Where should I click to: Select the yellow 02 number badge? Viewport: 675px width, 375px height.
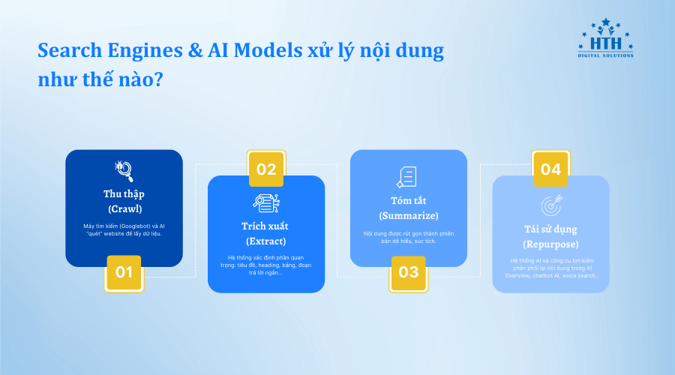click(266, 169)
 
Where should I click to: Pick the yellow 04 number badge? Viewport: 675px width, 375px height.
click(550, 169)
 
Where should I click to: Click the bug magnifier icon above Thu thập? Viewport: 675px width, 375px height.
click(124, 171)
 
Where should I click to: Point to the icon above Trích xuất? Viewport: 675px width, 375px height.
click(266, 203)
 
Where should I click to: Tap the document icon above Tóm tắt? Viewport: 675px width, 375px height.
click(407, 177)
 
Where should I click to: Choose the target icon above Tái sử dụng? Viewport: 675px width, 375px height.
click(550, 205)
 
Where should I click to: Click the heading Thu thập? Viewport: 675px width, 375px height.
click(124, 193)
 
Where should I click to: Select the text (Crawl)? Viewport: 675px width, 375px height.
click(124, 208)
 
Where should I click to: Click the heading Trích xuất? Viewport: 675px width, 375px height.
click(266, 226)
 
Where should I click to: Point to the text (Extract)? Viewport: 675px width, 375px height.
click(266, 241)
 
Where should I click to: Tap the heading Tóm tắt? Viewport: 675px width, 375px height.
click(408, 200)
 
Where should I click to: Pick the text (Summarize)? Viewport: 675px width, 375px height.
click(408, 216)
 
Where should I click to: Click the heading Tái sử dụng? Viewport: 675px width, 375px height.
click(550, 229)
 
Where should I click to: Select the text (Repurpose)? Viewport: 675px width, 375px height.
click(550, 244)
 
